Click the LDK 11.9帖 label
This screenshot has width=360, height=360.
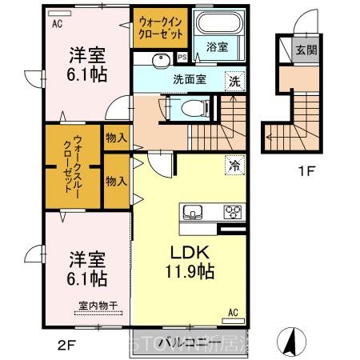coord(190,262)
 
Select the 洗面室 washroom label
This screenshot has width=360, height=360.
coord(188,79)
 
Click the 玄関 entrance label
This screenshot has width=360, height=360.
coord(306,48)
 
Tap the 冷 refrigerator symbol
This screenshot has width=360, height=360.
coord(235,165)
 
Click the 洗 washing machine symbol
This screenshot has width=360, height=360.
coord(234,80)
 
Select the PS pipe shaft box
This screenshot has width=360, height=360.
coord(182,57)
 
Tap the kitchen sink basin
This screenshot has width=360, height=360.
coord(194,212)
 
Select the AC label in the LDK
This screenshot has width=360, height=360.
coord(233,311)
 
